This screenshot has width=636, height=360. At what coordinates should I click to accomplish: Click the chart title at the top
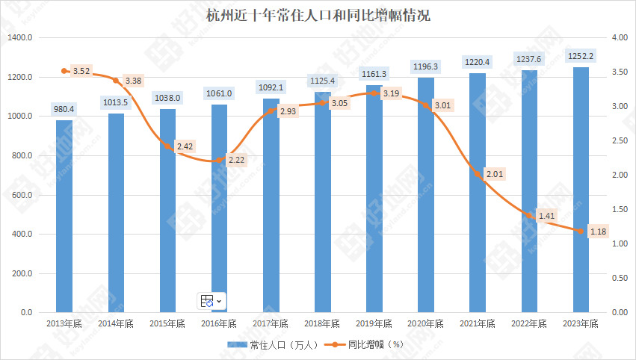click(318, 15)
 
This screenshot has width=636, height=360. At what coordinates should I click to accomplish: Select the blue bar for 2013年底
click(64, 217)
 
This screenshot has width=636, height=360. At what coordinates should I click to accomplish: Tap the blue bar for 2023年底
click(581, 190)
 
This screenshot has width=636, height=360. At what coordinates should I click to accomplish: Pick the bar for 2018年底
click(323, 202)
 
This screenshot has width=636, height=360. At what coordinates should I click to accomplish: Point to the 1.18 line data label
click(598, 232)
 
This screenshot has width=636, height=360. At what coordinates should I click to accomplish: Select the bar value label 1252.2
click(581, 56)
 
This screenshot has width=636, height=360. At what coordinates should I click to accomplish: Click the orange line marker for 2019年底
click(374, 93)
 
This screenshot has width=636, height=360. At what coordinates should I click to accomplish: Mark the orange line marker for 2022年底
click(529, 215)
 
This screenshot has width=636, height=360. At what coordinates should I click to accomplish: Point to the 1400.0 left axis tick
click(20, 38)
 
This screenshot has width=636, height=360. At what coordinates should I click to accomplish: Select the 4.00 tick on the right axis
click(619, 38)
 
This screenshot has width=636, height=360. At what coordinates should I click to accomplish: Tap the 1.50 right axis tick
click(619, 209)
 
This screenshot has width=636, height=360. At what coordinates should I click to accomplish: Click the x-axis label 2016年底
click(219, 324)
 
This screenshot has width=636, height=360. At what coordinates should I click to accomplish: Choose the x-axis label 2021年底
click(478, 324)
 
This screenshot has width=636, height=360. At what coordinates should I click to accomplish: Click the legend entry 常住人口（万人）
click(275, 345)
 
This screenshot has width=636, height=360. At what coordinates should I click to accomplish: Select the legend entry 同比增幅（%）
click(366, 345)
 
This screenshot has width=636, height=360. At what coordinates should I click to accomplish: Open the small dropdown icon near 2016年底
click(212, 300)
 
